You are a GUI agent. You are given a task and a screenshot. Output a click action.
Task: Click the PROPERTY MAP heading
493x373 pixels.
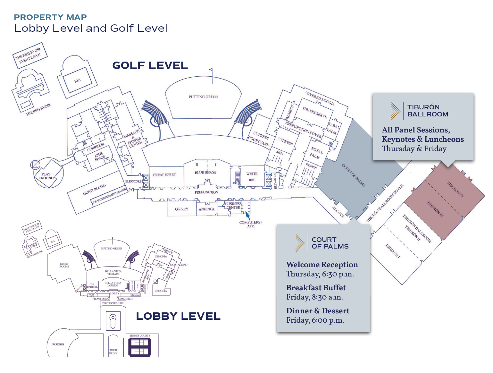[x=50, y=17]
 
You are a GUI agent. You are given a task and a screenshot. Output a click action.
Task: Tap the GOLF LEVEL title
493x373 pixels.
[x=150, y=65]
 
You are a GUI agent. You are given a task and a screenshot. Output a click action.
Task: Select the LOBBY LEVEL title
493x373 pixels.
[x=178, y=316]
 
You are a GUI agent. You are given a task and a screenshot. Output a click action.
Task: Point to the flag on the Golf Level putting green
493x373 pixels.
[x=211, y=70]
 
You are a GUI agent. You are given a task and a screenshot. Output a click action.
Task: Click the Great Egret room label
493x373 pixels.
[x=164, y=175]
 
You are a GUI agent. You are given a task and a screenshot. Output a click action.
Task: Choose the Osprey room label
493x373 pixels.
[x=181, y=209]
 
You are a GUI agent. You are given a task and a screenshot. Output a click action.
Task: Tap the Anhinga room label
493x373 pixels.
[x=206, y=209]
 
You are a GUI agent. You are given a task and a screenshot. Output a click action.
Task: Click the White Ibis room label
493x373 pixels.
[x=252, y=177]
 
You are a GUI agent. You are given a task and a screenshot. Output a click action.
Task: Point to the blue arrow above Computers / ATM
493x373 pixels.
[x=247, y=216]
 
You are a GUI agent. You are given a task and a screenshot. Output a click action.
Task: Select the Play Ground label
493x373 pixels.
[x=46, y=176]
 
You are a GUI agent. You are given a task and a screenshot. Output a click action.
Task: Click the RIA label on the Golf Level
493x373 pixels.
[x=77, y=81]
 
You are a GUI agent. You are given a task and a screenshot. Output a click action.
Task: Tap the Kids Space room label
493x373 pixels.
[x=100, y=157]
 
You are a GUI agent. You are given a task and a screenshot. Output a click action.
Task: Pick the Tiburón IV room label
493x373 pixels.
[x=455, y=189]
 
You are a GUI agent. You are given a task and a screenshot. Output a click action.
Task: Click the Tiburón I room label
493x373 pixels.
[x=393, y=251]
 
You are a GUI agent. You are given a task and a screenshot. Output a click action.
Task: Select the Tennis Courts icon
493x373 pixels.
[x=139, y=347]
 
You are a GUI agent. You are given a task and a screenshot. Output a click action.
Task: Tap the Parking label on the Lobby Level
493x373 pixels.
[x=58, y=344]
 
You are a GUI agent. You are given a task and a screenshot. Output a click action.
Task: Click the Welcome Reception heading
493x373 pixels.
[x=322, y=265]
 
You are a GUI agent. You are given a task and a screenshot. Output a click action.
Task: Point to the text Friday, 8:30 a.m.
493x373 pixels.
[x=314, y=297]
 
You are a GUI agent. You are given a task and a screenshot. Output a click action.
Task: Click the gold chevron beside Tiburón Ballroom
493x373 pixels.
[x=396, y=111]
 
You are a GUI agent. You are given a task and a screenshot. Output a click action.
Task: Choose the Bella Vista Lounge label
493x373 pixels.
[x=113, y=284]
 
